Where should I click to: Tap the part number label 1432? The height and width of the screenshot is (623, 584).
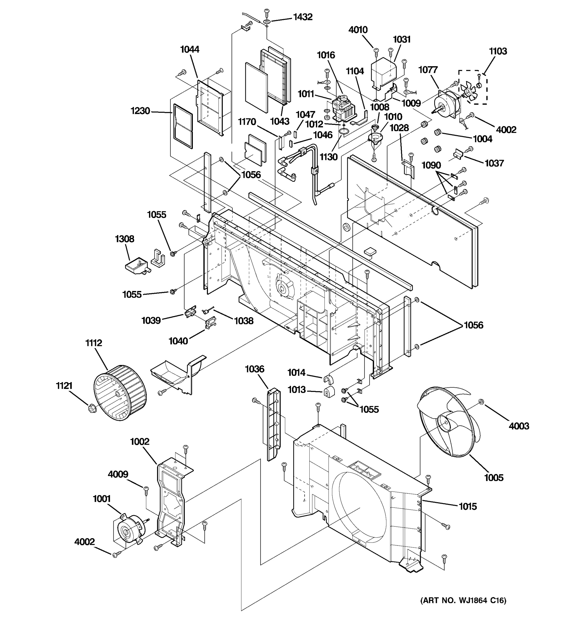(x=303, y=17)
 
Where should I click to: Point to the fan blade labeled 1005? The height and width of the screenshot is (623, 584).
(x=445, y=423)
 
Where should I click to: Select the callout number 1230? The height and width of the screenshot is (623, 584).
(x=140, y=111)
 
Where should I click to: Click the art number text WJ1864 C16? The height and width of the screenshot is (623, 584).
(x=463, y=600)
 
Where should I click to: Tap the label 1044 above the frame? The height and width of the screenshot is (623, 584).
(x=189, y=49)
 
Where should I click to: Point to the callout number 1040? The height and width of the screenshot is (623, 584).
(x=178, y=341)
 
